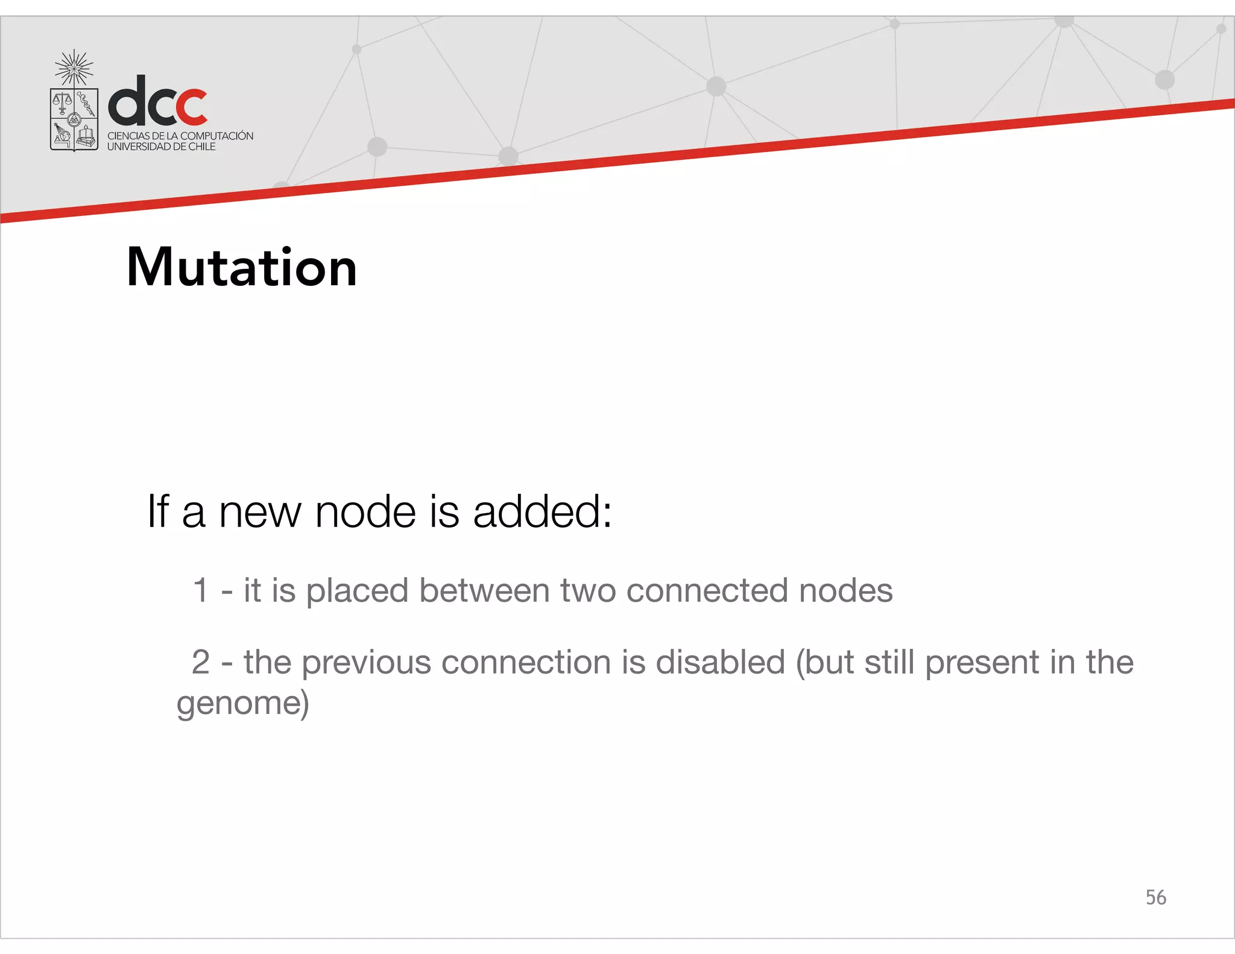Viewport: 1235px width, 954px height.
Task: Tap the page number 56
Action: pos(1155,897)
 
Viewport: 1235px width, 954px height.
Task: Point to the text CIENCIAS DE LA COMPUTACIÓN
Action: pos(180,136)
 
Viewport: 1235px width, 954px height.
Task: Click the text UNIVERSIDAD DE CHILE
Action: pos(161,147)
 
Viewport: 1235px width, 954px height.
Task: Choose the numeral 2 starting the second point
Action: pos(201,662)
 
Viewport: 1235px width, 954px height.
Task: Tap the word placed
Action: pos(357,590)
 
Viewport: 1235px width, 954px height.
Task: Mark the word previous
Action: pos(366,663)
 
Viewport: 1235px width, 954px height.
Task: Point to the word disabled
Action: pos(720,662)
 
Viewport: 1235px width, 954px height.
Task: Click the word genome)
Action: pos(242,703)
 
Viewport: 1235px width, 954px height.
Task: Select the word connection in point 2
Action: pos(526,662)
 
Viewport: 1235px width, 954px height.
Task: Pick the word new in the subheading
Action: pos(259,512)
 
